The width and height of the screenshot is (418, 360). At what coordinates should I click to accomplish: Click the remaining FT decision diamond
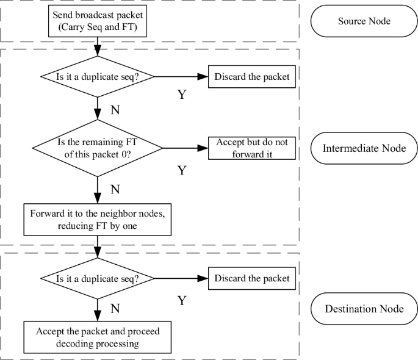tap(98, 147)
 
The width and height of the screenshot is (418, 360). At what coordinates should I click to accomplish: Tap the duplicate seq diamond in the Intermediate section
tap(98, 77)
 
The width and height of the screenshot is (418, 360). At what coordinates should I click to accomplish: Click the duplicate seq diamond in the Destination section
tap(98, 279)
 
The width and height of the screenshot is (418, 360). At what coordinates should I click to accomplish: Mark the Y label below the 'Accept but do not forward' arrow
tap(181, 170)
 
